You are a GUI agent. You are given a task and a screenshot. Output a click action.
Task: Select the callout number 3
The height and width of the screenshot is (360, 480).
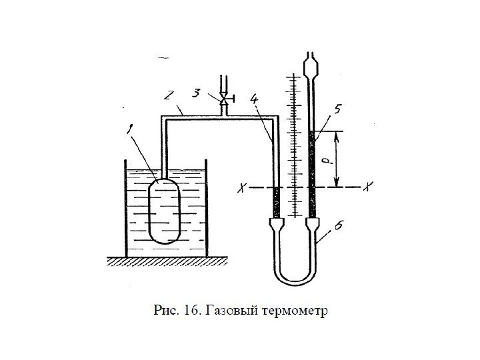pyautogui.click(x=197, y=95)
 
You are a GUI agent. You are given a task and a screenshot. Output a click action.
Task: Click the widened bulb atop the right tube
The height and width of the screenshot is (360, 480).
pyautogui.click(x=311, y=68)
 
